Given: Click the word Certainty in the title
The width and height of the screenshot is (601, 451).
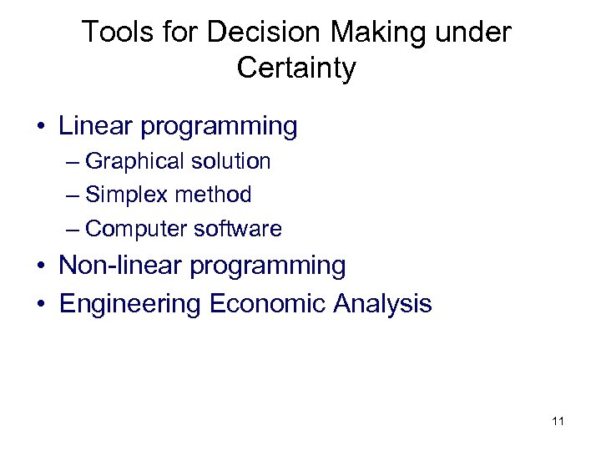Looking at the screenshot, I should (295, 68).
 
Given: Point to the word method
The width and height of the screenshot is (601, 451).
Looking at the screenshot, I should (210, 195).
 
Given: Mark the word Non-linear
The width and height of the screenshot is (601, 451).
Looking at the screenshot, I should (120, 266).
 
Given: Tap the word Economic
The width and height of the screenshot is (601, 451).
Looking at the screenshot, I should (268, 303).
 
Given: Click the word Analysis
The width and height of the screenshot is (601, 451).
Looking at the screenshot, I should (382, 303).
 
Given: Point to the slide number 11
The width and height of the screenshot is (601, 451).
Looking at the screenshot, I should (558, 421).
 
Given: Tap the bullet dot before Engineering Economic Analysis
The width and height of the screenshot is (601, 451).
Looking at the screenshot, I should (41, 305).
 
